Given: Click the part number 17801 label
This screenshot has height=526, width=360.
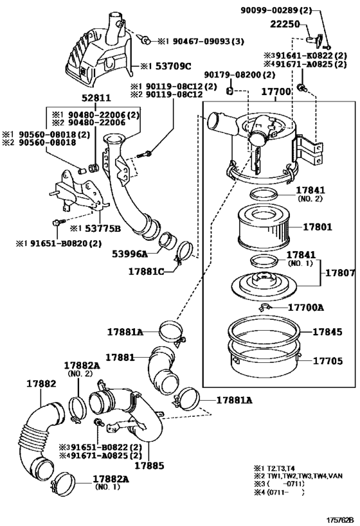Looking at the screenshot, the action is coord(318,227).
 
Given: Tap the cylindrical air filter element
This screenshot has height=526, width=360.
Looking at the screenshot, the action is coord(264,227).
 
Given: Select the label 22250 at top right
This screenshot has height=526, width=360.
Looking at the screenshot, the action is coord(285,24).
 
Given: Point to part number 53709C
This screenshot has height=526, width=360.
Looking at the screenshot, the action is coord(174,66).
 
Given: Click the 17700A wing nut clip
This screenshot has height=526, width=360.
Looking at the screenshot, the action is coord(265,306).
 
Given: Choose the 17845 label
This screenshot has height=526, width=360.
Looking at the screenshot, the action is coord(327,332).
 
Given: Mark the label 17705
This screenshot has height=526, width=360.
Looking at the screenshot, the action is coord(328,361).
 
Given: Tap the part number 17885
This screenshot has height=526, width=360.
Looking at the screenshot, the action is coord(149,466).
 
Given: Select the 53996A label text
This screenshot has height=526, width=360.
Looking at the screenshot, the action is coord(130,254).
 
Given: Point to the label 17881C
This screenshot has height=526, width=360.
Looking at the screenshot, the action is coord(147,272).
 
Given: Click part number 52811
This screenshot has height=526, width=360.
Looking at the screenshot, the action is coord(96,98).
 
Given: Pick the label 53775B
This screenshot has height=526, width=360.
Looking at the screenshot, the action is coord(102,229).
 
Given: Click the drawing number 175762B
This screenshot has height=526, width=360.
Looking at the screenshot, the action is coord(341,520).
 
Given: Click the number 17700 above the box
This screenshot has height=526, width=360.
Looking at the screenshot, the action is coord(276,91).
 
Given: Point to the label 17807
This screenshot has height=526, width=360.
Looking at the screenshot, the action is coord(340,273).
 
